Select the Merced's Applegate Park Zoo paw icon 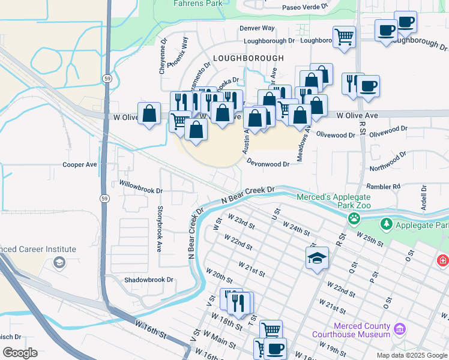[x=355, y=218]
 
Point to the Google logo [x=20, y=353]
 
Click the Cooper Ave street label [x=80, y=164]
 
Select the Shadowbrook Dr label [x=149, y=280]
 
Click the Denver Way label [x=257, y=28]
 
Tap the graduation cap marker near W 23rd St [x=316, y=258]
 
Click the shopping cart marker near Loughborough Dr [x=344, y=36]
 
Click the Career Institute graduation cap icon [x=59, y=262]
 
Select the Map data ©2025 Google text [x=411, y=355]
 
